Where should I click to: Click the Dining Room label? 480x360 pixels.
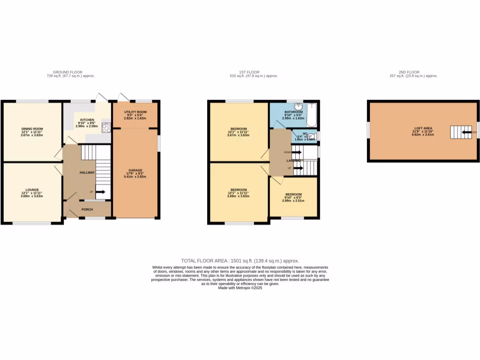click(32, 128)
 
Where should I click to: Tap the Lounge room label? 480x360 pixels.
click(32, 189)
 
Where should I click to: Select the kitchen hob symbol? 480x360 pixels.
click(106, 127)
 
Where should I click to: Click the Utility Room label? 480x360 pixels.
click(135, 112)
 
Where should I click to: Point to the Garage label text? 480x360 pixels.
click(135, 170)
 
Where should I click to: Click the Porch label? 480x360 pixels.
click(87, 210)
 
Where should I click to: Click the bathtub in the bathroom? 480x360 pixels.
click(312, 115)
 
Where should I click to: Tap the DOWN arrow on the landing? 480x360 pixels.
click(296, 152)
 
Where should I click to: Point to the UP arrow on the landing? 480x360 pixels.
click(298, 168)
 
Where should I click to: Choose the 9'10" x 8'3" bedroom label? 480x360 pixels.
click(293, 194)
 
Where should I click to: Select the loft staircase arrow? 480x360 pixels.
click(466, 133)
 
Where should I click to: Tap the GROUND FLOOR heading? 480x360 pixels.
click(66, 72)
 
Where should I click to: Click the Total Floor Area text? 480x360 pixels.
click(240, 261)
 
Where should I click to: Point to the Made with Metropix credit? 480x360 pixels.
click(240, 288)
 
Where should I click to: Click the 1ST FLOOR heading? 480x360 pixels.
click(249, 72)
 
